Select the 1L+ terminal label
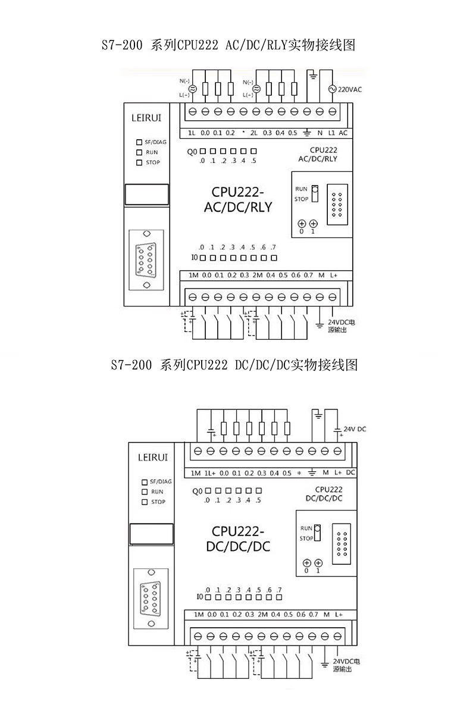click(209, 473)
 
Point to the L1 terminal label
click(331, 133)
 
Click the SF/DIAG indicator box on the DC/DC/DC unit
click(145, 481)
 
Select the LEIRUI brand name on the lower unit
click(153, 458)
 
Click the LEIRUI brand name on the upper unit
click(146, 118)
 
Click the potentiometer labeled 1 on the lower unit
click(318, 562)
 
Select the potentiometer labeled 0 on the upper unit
click(302, 224)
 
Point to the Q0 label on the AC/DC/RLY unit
click(192, 152)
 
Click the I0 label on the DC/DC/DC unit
click(201, 596)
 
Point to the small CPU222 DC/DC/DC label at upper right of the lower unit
click(324, 493)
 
